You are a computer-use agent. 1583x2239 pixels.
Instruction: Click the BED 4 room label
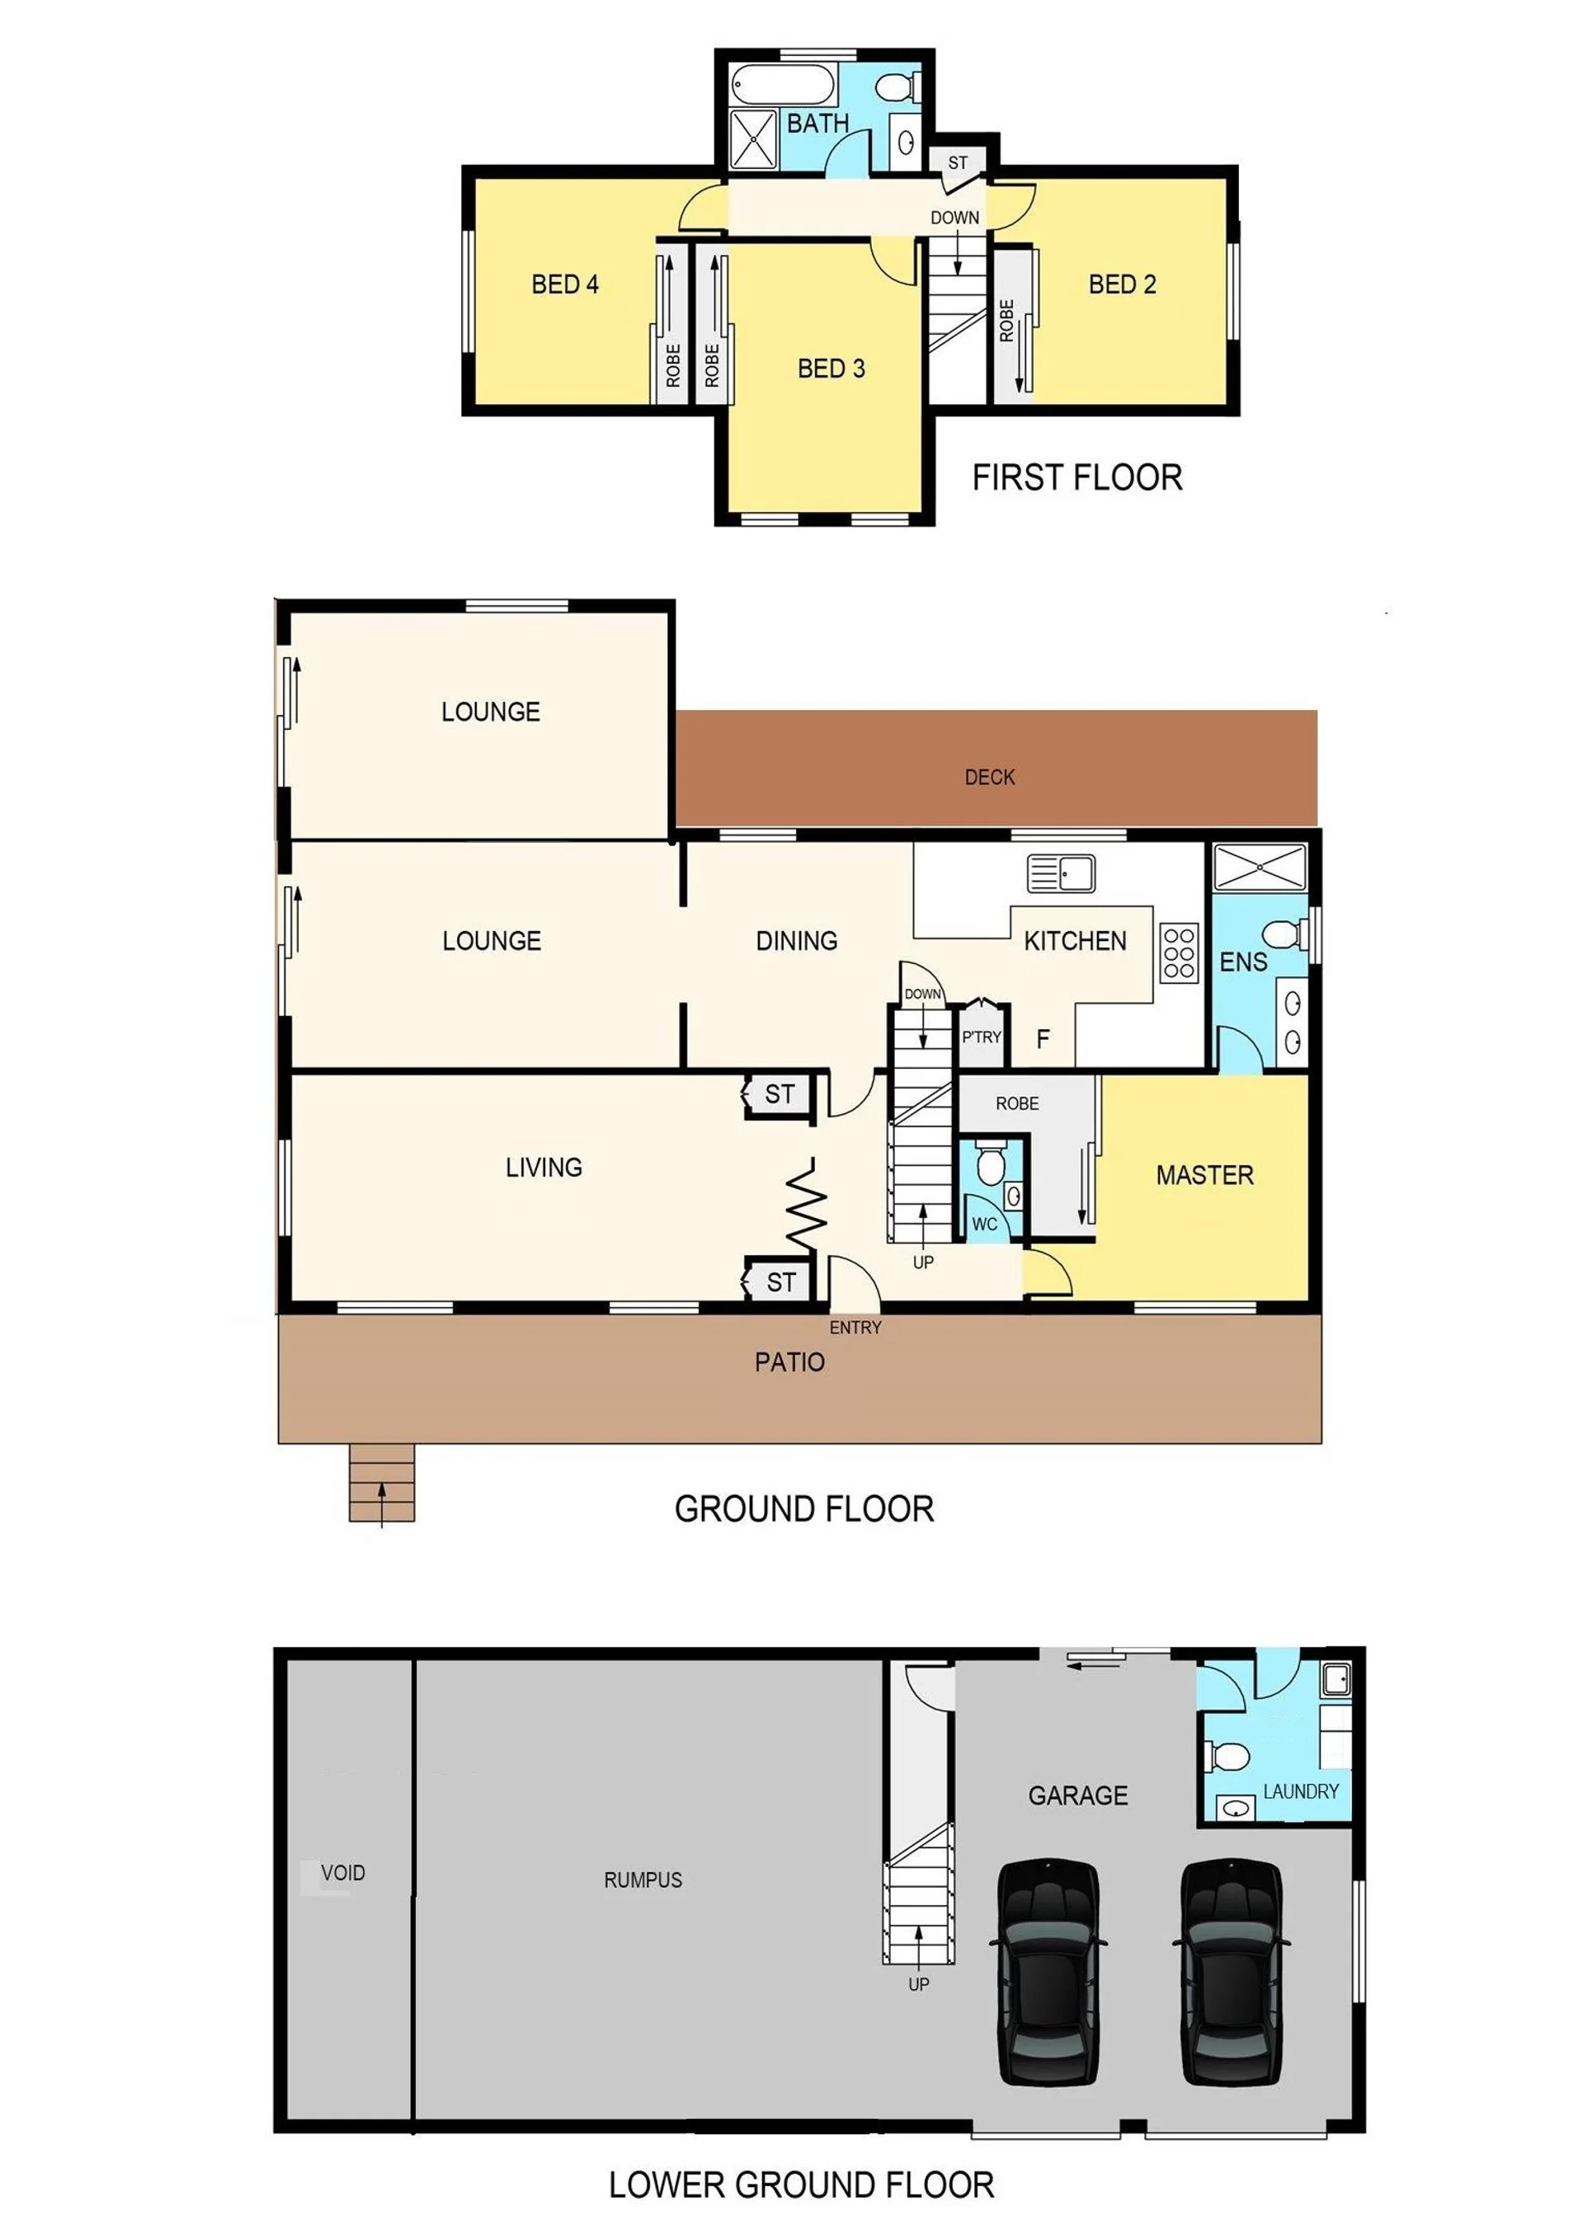click(565, 285)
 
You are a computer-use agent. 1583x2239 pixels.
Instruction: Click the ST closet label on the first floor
click(958, 162)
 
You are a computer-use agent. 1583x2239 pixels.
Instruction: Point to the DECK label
click(990, 777)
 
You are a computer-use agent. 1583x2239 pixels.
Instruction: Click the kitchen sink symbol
click(1061, 873)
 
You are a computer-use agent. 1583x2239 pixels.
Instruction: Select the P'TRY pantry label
click(981, 1037)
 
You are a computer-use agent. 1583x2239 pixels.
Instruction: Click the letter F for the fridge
click(1043, 1040)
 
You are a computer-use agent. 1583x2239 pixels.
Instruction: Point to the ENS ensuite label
click(1244, 962)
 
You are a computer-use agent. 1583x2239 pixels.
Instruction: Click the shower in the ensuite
click(1259, 867)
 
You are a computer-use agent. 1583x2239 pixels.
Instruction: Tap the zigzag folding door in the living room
click(807, 1207)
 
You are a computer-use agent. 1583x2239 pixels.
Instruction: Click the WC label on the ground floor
click(985, 1224)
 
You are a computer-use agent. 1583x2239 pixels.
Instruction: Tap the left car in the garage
click(1048, 1973)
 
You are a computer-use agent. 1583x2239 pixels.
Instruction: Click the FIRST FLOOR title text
click(1077, 477)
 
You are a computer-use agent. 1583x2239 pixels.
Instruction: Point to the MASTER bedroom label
click(1204, 1175)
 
